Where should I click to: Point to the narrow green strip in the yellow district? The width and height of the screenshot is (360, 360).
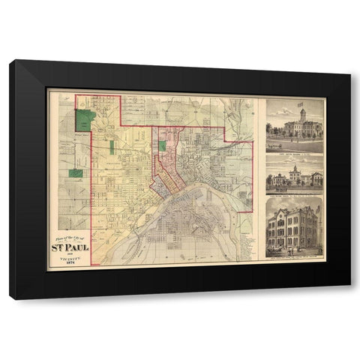(x=112, y=147)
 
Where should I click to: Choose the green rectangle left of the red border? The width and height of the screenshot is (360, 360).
(x=76, y=173)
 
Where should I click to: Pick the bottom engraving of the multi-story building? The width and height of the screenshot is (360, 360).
(x=294, y=225)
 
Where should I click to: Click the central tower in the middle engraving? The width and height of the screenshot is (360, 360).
(x=295, y=172)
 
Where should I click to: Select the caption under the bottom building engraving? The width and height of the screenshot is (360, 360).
(x=294, y=253)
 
